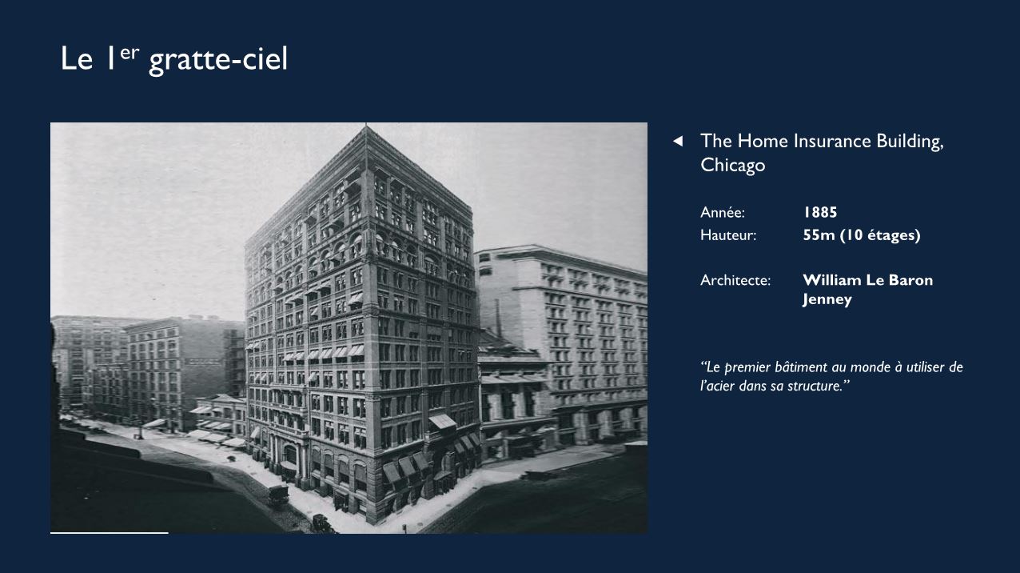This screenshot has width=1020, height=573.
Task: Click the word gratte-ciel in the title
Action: [x=218, y=60]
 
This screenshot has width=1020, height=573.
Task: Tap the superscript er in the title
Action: [x=129, y=54]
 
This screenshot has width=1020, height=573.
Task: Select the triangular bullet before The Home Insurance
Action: [x=678, y=142]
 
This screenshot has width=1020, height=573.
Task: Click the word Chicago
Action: [x=733, y=165]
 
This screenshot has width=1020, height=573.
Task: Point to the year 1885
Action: [x=820, y=212]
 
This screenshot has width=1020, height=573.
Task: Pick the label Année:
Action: [x=723, y=212]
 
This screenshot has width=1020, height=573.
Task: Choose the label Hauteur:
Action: [x=728, y=235]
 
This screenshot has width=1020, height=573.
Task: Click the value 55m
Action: [x=819, y=235]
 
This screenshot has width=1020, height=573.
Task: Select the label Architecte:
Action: [x=735, y=280]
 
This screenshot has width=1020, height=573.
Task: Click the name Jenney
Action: [x=827, y=300]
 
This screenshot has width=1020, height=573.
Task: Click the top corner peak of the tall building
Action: [x=365, y=126]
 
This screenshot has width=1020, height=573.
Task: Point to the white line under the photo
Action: [x=110, y=532]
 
